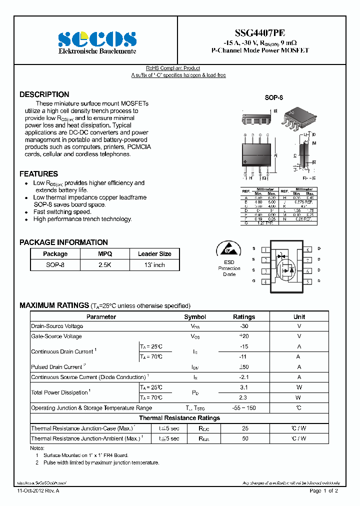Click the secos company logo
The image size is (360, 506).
coord(97,38)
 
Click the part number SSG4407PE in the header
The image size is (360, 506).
coord(260,31)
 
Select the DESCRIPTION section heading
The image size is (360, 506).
coord(44,94)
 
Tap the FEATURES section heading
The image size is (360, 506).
coord(38,174)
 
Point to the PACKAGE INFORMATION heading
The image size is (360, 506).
coord(63,242)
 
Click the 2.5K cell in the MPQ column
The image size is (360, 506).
coord(105,264)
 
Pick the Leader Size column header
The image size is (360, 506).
coord(154,254)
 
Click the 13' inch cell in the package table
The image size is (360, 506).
coord(154,264)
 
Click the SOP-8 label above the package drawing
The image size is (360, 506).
coord(273,98)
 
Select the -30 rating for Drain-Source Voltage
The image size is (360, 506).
coord(244,326)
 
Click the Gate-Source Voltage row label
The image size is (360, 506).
coord(56,336)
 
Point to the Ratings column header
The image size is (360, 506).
coord(244,317)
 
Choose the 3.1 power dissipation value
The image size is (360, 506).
coord(244,387)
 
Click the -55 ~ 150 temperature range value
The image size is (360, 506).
coord(244,408)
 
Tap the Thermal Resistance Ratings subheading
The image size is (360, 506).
coord(179,418)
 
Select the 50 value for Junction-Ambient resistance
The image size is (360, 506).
coord(245,438)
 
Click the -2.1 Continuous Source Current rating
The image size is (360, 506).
coord(244,377)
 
